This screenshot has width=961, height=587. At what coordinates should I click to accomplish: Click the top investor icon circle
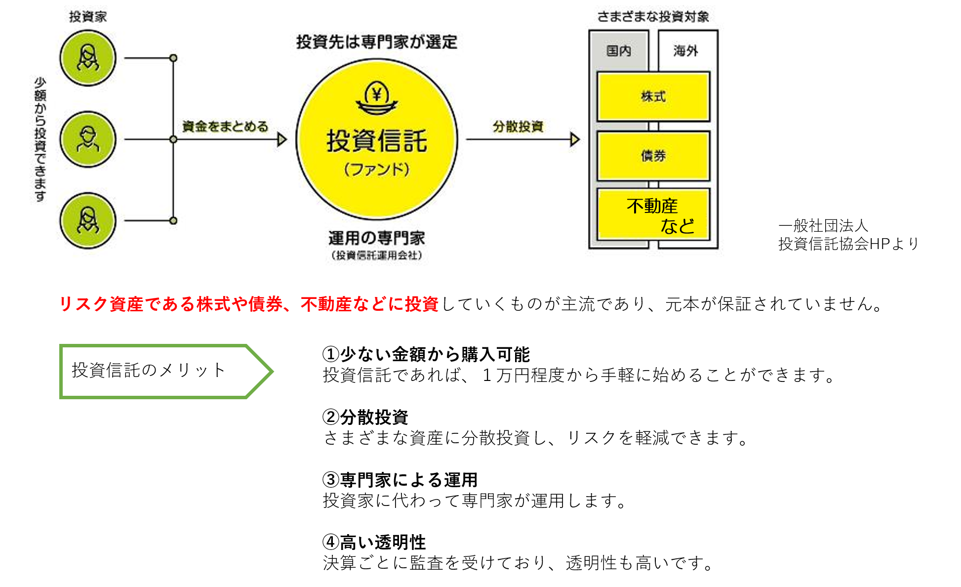(88, 58)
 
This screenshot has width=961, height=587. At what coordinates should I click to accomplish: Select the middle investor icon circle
(88, 139)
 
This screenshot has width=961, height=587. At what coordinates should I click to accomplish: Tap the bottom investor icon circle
(88, 220)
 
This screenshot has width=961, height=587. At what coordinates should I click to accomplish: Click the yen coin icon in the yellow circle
(377, 97)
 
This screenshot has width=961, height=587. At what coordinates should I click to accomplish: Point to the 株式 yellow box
(653, 96)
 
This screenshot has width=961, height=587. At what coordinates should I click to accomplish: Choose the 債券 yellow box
(653, 156)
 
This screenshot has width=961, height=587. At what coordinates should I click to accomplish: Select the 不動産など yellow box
(653, 215)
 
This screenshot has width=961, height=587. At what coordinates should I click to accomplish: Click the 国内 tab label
(618, 50)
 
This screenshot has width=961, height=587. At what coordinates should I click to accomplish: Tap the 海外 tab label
(685, 50)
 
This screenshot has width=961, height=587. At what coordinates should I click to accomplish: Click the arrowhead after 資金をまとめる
(282, 139)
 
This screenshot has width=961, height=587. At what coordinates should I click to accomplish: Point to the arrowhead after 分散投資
(574, 139)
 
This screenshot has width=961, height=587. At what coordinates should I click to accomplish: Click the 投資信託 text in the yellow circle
(377, 141)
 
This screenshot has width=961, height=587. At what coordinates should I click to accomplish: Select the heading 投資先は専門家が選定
(377, 42)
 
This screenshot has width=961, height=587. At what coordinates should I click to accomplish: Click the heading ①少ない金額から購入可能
(426, 354)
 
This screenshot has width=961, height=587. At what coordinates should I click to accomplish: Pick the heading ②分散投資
(365, 417)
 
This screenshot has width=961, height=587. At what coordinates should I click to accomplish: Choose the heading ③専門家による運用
(400, 480)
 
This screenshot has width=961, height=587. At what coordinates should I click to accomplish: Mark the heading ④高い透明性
(374, 543)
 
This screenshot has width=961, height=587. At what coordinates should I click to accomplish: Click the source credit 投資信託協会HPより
(848, 244)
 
